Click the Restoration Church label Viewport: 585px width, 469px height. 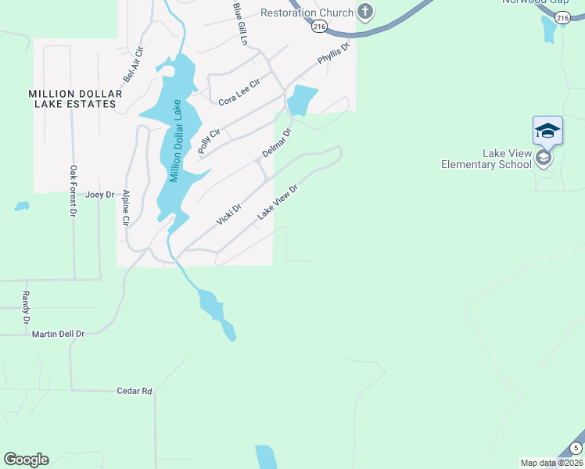pos(307,13)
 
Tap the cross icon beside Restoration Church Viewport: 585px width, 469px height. pos(364,12)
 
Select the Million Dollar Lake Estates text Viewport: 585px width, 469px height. pos(75,98)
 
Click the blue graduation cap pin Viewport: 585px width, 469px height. pos(547,130)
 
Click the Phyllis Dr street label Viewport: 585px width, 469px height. pos(333,54)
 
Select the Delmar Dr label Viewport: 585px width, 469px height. pos(276,143)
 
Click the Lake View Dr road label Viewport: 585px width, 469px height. pos(278,202)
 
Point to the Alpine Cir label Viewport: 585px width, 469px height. pos(125,209)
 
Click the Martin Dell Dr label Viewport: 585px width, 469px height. pos(58,334)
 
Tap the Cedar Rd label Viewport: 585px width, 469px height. pos(134,390)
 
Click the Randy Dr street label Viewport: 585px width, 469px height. pos(26,308)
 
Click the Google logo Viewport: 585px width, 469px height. pos(26,460)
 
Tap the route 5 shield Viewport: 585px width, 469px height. pos(576,448)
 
